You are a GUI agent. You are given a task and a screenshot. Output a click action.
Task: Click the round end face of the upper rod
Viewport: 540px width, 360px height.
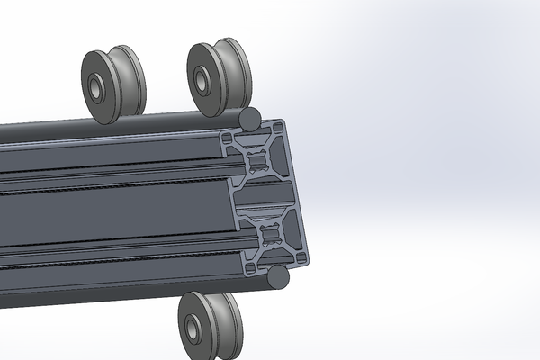(252, 116)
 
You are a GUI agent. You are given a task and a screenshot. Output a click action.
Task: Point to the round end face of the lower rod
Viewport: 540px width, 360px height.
(278, 276)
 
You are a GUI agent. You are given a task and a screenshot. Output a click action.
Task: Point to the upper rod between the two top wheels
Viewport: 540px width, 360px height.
(162, 119)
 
